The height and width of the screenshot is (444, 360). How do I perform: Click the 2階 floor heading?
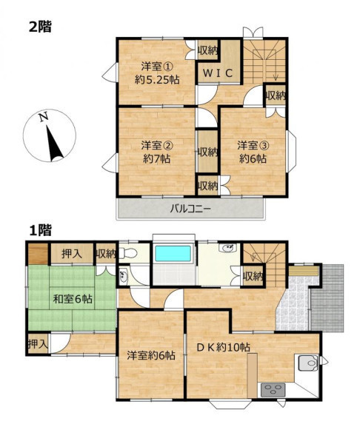coord(40,27)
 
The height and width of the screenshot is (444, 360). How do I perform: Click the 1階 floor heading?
coord(40,231)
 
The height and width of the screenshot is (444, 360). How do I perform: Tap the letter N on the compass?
coord(44,117)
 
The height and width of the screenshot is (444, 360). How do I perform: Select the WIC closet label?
coord(218,73)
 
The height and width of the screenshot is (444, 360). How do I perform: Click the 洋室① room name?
coord(157,67)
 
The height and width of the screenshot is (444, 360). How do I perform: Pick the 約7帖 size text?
coord(157,159)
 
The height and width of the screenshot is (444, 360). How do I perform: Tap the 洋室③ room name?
coord(253,146)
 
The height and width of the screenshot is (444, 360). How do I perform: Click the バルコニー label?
coord(190,209)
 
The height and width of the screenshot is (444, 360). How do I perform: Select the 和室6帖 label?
coord(73,299)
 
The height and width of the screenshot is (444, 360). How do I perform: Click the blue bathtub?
coord(173,253)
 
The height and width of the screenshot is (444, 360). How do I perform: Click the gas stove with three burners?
coord(273,390)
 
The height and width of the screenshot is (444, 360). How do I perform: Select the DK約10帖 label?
coord(223,347)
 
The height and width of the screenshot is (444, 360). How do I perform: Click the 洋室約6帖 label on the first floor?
coord(151,356)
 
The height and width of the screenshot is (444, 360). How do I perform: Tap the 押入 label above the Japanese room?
coord(72,254)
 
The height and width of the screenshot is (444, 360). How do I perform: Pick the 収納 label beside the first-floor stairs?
coord(253,276)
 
